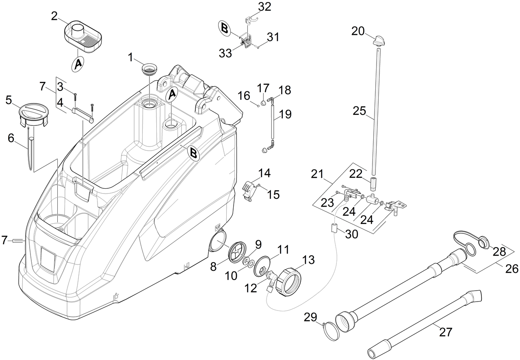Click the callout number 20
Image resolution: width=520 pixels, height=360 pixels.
tap(358, 31)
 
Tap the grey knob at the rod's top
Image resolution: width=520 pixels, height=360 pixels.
tap(381, 40)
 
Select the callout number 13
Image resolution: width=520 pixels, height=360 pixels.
tap(308, 260)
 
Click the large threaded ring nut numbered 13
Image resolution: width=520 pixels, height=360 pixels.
tap(289, 281)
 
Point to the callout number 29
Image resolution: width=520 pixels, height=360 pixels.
tap(311, 318)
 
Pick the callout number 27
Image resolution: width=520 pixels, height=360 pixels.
tap(446, 332)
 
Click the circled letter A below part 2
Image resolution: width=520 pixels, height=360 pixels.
tap(78, 64)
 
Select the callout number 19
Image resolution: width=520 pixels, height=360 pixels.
tap(285, 114)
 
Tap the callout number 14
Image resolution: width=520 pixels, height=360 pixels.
tap(264, 173)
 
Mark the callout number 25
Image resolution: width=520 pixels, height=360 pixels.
tap(359, 111)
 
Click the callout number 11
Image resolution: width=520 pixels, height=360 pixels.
tap(283, 249)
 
